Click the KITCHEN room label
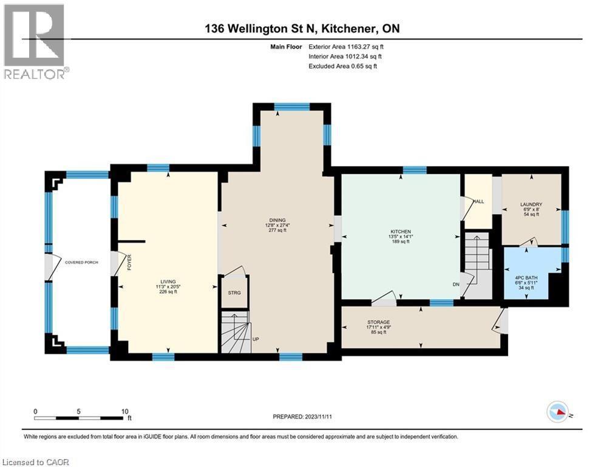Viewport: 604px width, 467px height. point(401,232)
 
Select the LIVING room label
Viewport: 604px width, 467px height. point(168,282)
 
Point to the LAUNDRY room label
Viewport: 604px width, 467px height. point(531,204)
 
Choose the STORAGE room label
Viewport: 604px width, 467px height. point(378,322)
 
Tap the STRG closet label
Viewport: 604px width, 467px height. point(234,292)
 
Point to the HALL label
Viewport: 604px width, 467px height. point(479,202)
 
